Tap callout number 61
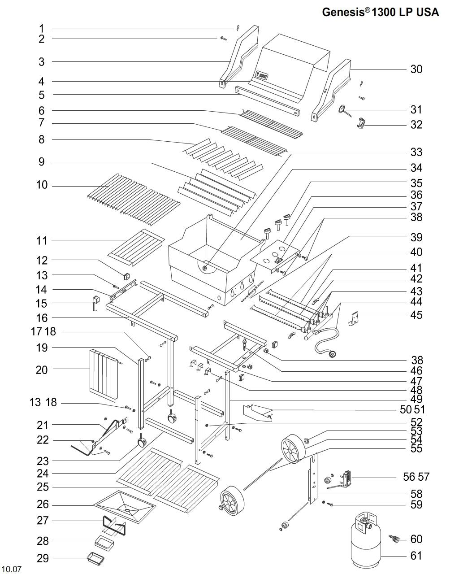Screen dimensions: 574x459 coord(416,556)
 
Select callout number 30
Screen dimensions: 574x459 coord(416,69)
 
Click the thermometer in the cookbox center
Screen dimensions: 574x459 coord(205,268)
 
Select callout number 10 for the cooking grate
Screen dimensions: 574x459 coord(42,185)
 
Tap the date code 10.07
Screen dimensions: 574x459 coord(11,570)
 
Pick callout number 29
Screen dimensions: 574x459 coord(43,558)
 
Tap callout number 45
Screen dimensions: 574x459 coord(416,315)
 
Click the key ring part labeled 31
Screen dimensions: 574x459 coord(342,109)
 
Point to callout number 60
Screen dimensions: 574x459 coord(416,539)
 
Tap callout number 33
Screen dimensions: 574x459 coord(416,152)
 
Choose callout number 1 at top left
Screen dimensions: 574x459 coord(41,28)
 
